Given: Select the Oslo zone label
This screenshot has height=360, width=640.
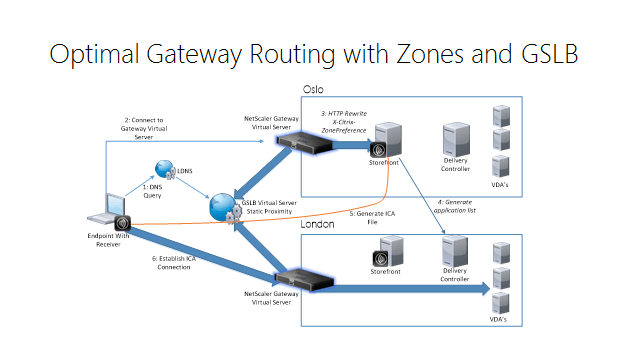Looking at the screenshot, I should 314,92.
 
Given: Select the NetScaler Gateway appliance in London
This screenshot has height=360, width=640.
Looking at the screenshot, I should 304,279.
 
